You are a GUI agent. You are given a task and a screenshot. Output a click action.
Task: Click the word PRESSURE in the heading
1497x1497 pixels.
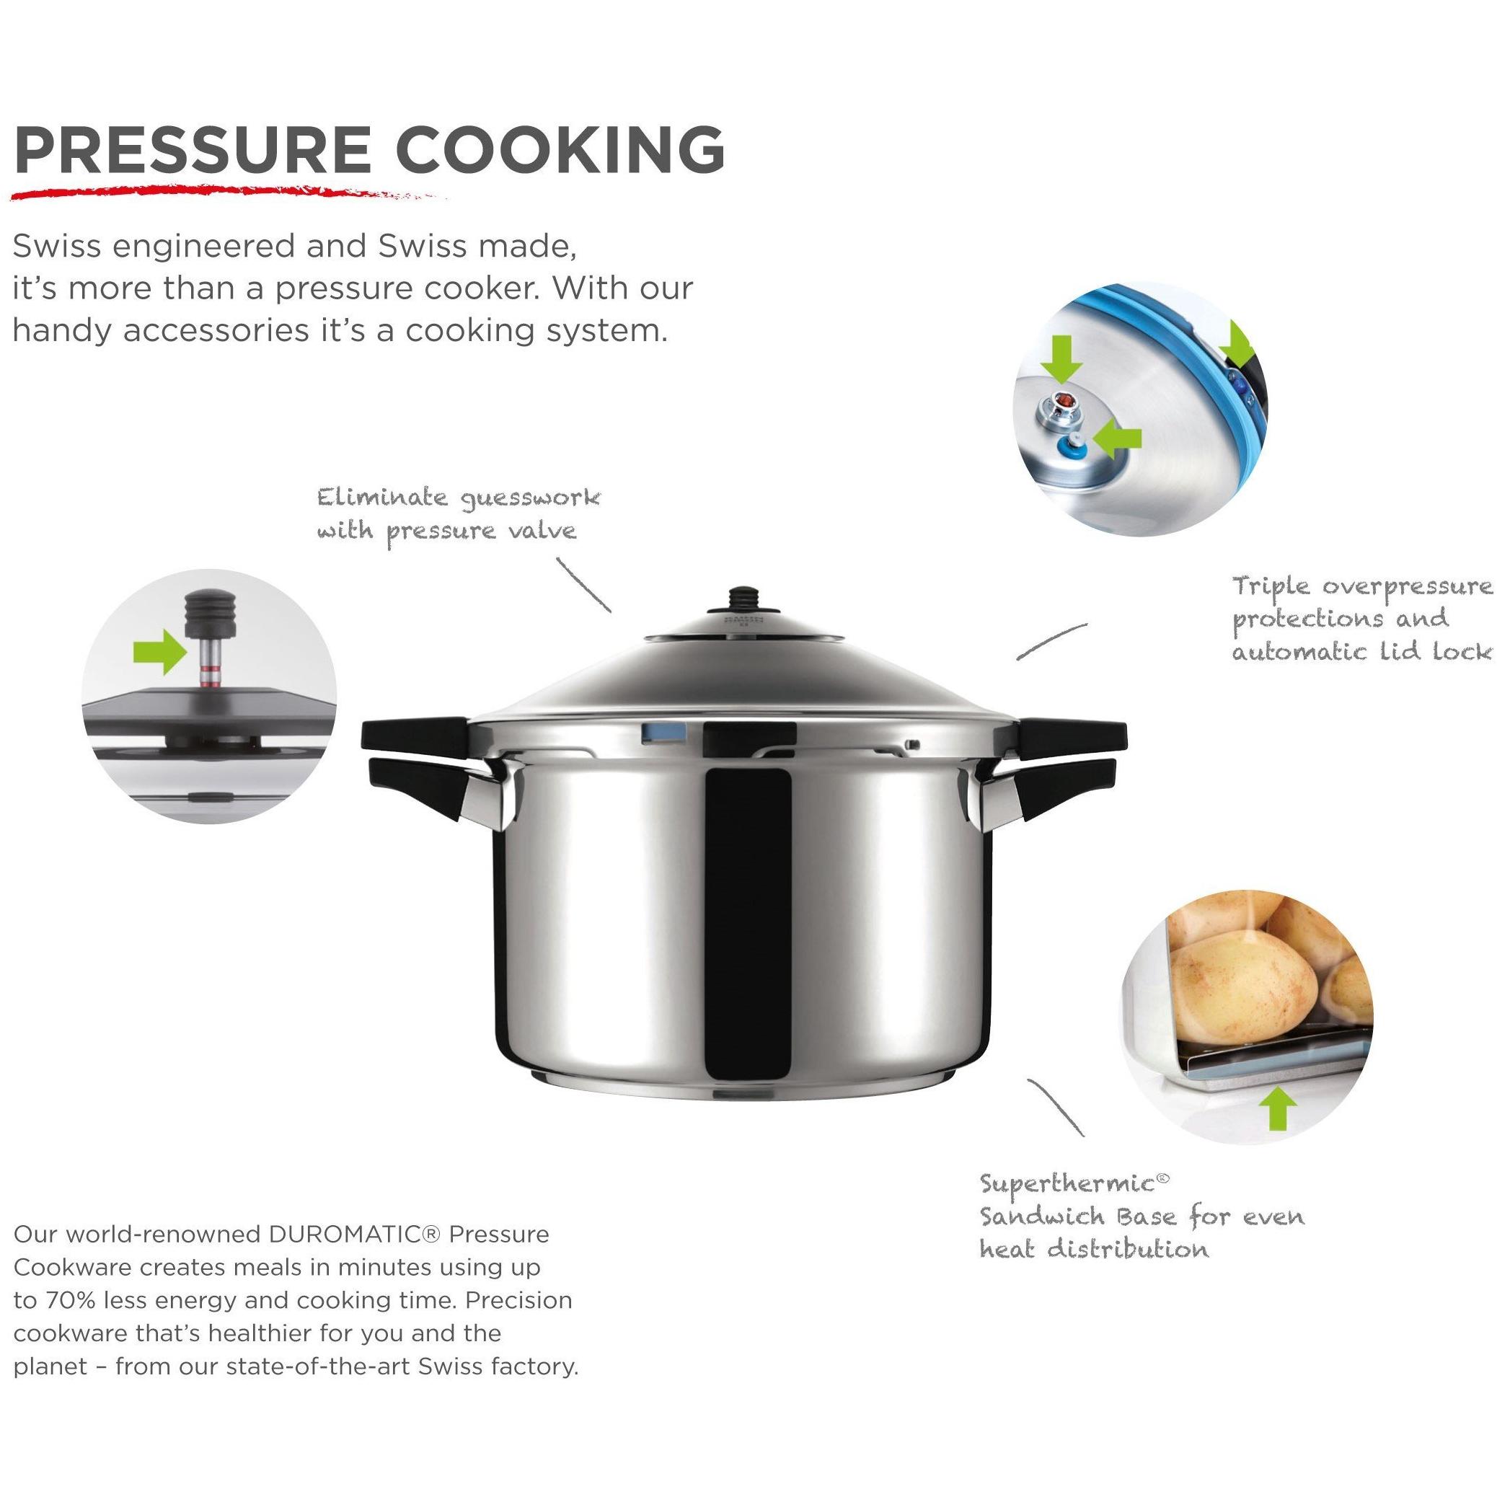[192, 149]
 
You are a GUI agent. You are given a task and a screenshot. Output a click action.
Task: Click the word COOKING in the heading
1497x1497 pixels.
[560, 149]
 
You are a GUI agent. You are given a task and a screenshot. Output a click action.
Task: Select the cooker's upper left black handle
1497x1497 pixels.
[415, 732]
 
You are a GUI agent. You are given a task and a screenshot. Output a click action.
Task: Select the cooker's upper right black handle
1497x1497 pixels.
[1072, 732]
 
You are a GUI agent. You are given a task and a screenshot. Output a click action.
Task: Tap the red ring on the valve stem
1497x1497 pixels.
[208, 671]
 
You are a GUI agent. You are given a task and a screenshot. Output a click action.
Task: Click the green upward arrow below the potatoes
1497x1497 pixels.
[1277, 1109]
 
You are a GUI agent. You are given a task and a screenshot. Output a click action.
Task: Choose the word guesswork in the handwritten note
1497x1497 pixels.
[530, 498]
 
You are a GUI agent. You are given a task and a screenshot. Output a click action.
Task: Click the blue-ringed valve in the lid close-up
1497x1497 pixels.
[1073, 445]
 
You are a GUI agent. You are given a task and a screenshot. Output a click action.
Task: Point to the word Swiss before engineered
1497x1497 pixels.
[56, 247]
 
